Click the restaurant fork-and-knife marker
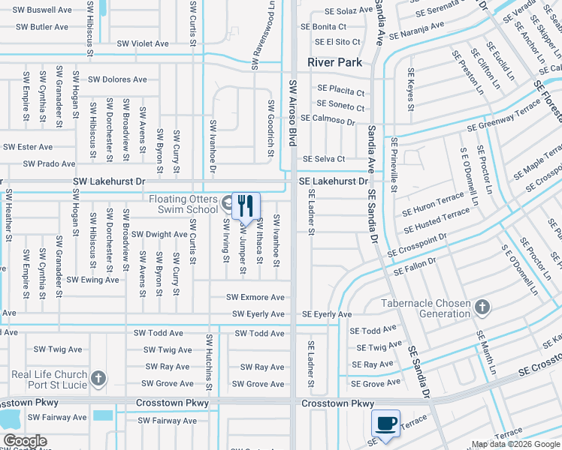coord(246,205)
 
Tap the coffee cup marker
coord(385,424)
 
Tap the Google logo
coord(25,441)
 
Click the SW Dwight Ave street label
coord(159,234)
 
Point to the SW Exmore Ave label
coord(258,297)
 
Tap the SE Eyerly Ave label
coord(327,314)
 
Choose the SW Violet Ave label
coord(142,43)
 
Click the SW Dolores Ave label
coord(117,79)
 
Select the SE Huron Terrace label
coord(434,204)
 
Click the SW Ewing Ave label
coord(92,280)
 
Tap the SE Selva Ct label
coord(324,159)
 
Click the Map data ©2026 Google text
coord(515,444)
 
